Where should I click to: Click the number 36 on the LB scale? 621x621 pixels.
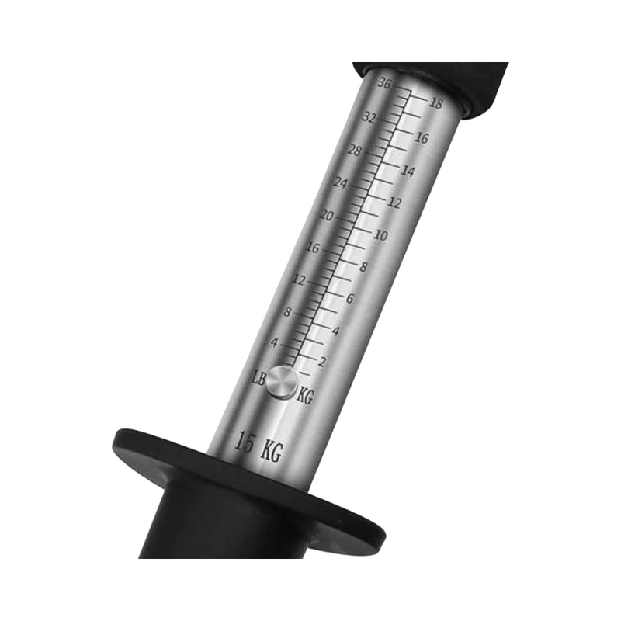tap(384, 83)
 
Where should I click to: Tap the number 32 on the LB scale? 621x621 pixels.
tap(369, 117)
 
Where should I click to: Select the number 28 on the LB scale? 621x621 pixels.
tap(356, 151)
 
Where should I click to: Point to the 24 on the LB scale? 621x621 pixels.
tap(341, 183)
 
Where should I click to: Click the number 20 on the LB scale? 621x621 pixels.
tap(327, 216)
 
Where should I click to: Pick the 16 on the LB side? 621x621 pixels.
tap(313, 248)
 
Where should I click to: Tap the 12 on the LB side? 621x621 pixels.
tap(299, 280)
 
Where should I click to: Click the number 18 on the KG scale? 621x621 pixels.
tap(436, 103)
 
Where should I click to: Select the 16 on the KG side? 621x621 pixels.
tap(422, 138)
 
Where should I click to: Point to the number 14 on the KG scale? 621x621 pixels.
tap(408, 171)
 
